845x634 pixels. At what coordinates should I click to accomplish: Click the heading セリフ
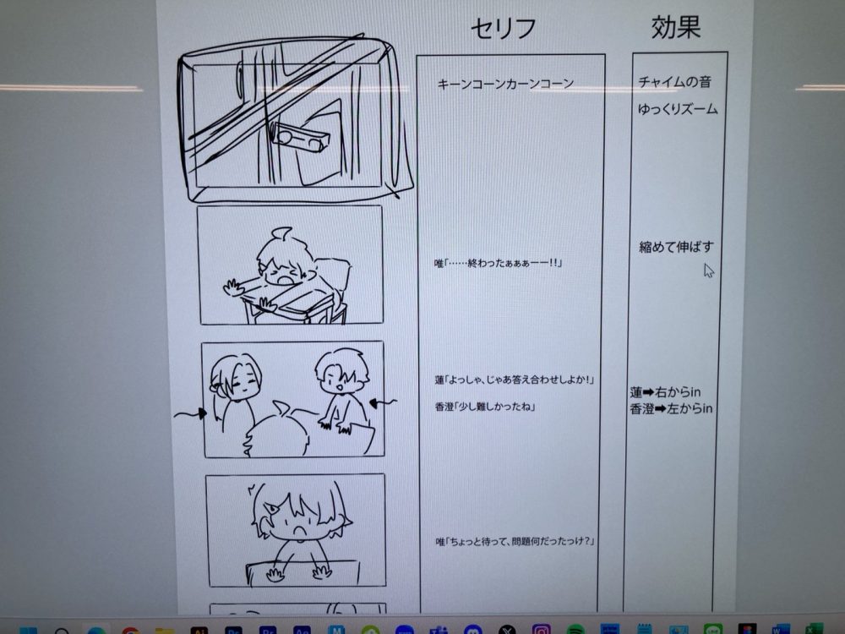coord(504,28)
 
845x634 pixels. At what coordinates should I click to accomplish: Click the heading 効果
coord(676,26)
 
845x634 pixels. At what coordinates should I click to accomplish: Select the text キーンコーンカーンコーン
coord(505,84)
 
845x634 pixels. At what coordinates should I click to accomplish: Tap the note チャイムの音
coord(674,82)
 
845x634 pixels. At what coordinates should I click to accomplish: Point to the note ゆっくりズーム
coord(678,109)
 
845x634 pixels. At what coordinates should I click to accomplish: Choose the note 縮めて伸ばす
coord(676,247)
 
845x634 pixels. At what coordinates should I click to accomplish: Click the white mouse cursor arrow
coord(709,271)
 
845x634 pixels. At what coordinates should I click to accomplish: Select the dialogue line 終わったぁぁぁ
coord(499,263)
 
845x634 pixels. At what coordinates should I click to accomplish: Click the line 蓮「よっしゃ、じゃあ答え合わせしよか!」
coord(514,380)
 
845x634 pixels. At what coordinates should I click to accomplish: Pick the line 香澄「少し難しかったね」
coord(485,407)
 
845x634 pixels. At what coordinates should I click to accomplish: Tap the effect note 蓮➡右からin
coord(666,392)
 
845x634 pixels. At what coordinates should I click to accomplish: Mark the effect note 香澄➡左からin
coord(672,408)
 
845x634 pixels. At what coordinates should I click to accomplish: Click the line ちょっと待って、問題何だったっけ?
coord(515,541)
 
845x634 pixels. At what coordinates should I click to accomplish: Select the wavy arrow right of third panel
coord(383,402)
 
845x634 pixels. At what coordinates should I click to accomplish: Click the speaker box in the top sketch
coord(298,136)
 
